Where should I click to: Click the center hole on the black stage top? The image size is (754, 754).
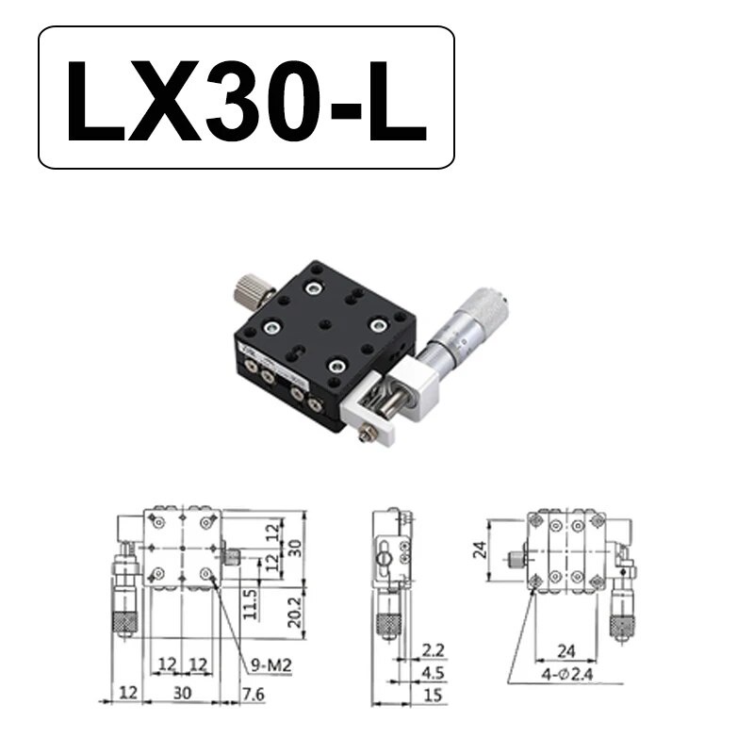327,324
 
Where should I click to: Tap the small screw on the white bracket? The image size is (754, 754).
368,431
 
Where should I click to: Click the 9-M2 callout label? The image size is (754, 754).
271,665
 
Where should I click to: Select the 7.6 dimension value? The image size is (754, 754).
254,694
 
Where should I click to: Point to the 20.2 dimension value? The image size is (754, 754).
294,612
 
